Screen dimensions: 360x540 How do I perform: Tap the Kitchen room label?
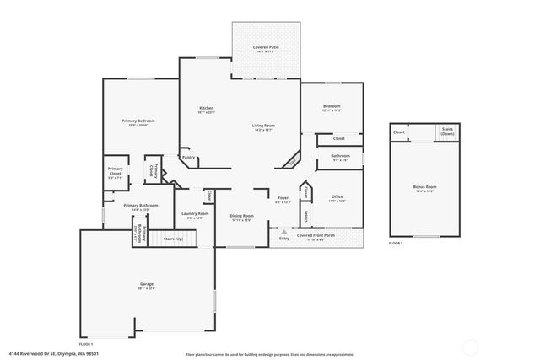coord(206,108)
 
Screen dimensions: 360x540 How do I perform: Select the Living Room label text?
coord(263,126)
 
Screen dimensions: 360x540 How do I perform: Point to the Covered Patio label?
coord(267,47)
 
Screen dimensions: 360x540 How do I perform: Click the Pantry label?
coord(189,157)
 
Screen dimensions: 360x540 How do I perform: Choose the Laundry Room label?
coord(196,214)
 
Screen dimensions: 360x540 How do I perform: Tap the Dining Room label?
coord(242,215)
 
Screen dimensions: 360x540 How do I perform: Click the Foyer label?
coord(283,198)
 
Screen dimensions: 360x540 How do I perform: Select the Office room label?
coord(337,196)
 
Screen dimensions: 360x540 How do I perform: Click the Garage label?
coord(146,284)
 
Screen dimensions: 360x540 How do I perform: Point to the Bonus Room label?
coord(425,187)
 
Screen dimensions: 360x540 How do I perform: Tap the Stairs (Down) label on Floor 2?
coord(446,132)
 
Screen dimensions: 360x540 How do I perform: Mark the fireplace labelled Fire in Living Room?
coord(292,160)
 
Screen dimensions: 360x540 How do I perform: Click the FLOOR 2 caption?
coord(396,242)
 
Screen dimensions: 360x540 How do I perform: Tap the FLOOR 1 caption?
coord(86,343)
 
